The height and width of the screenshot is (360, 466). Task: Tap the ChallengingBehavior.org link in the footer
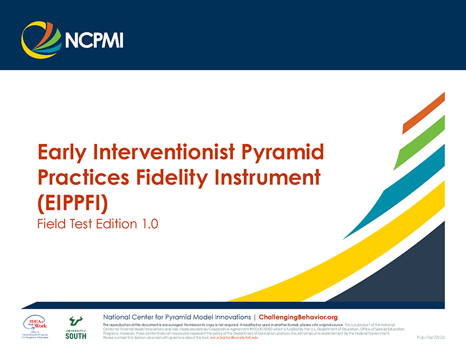click(x=298, y=316)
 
